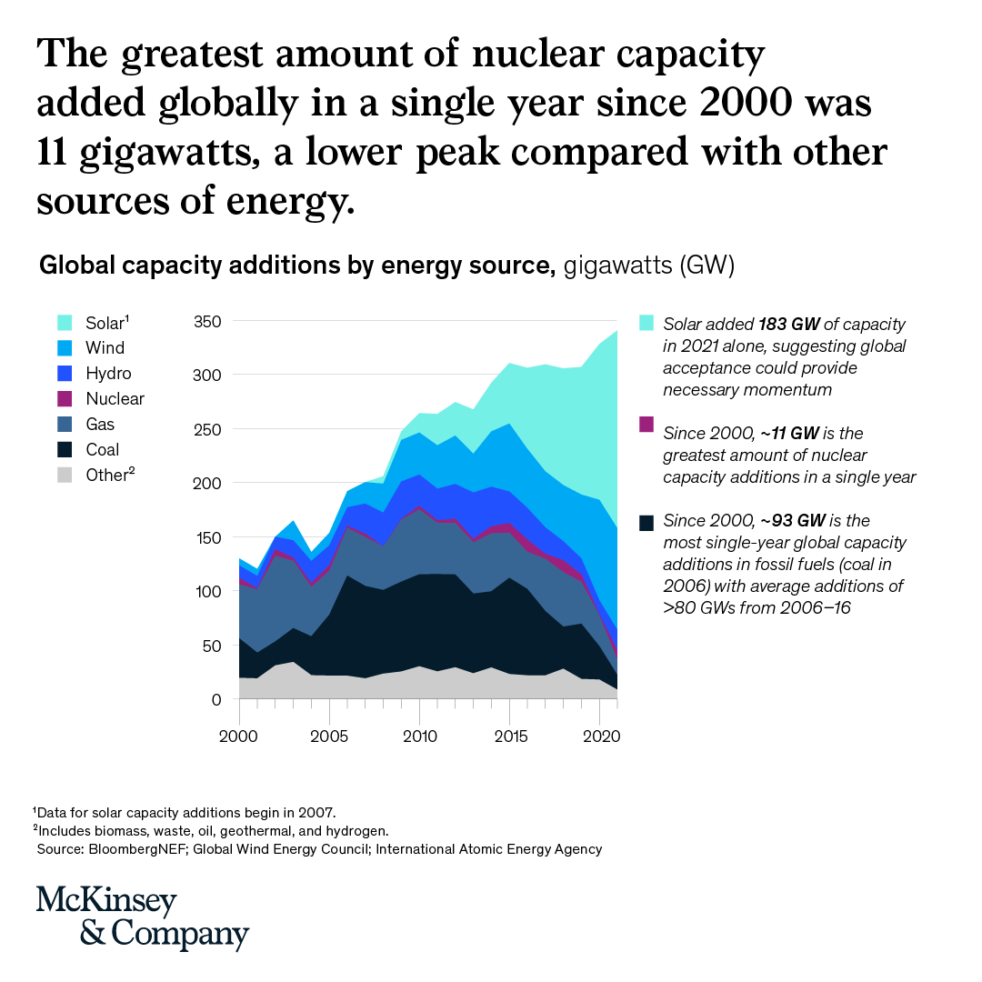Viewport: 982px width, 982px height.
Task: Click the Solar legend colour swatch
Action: click(64, 323)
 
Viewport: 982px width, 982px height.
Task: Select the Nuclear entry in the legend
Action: click(115, 398)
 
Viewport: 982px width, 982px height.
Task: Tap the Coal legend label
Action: click(103, 449)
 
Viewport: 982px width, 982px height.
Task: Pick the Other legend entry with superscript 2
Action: click(110, 475)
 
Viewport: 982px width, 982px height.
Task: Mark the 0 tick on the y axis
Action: click(216, 700)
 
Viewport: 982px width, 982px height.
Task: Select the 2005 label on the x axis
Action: click(328, 732)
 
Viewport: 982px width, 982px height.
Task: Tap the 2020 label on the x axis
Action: click(597, 732)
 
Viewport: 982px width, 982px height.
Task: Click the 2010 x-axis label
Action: click(418, 732)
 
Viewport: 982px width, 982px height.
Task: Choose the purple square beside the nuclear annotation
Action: click(646, 424)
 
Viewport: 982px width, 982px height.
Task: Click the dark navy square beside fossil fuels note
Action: click(646, 522)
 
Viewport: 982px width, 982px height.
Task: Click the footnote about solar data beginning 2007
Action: click(186, 812)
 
